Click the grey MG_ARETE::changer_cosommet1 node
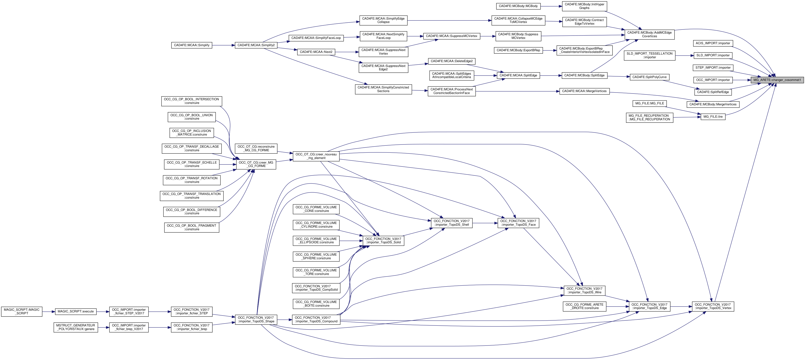click(x=777, y=80)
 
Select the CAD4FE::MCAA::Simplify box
click(x=192, y=45)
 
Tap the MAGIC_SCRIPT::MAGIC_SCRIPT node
click(x=21, y=312)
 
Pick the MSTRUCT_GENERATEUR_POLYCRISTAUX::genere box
click(x=76, y=327)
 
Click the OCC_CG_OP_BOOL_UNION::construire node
click(x=192, y=117)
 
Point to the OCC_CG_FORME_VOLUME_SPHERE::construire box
click(x=316, y=256)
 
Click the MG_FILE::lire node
click(x=712, y=116)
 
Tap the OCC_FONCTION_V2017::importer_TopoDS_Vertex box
click(x=712, y=306)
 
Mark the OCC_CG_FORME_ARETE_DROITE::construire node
click(x=584, y=306)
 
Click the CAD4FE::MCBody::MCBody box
click(x=518, y=6)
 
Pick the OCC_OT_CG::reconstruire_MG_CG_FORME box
click(x=256, y=148)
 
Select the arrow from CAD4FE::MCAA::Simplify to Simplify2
click(x=223, y=45)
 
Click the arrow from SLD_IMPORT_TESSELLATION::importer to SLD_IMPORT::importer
click(x=684, y=56)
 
